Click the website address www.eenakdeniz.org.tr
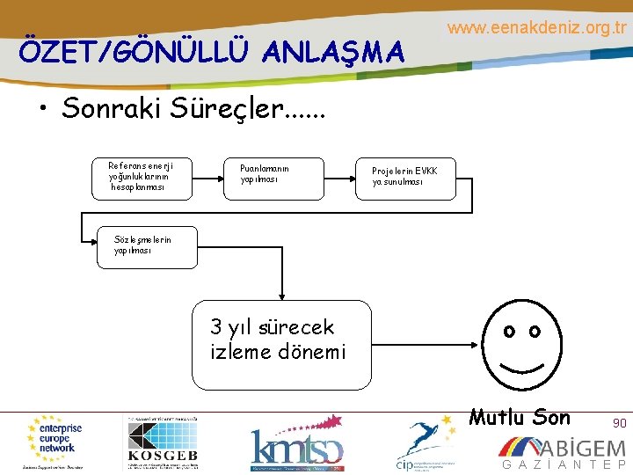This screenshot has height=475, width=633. [536, 28]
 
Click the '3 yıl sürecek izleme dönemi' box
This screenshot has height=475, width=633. [281, 345]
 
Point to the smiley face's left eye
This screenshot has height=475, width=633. [508, 332]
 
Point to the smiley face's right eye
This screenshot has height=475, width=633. [534, 332]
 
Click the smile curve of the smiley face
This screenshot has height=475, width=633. [520, 365]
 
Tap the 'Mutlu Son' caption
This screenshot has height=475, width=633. [520, 417]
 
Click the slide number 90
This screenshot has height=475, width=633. [620, 423]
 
